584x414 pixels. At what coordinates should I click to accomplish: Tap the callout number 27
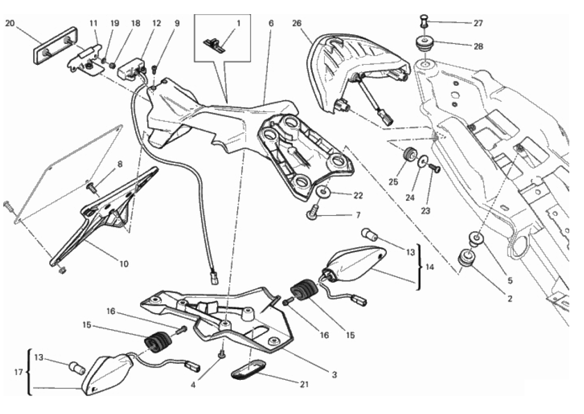click(478, 23)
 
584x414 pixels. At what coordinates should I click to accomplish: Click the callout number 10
click(124, 264)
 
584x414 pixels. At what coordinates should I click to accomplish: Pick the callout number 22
click(358, 196)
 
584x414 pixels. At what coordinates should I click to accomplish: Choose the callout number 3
click(334, 375)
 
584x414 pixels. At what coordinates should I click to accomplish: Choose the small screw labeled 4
click(222, 354)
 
